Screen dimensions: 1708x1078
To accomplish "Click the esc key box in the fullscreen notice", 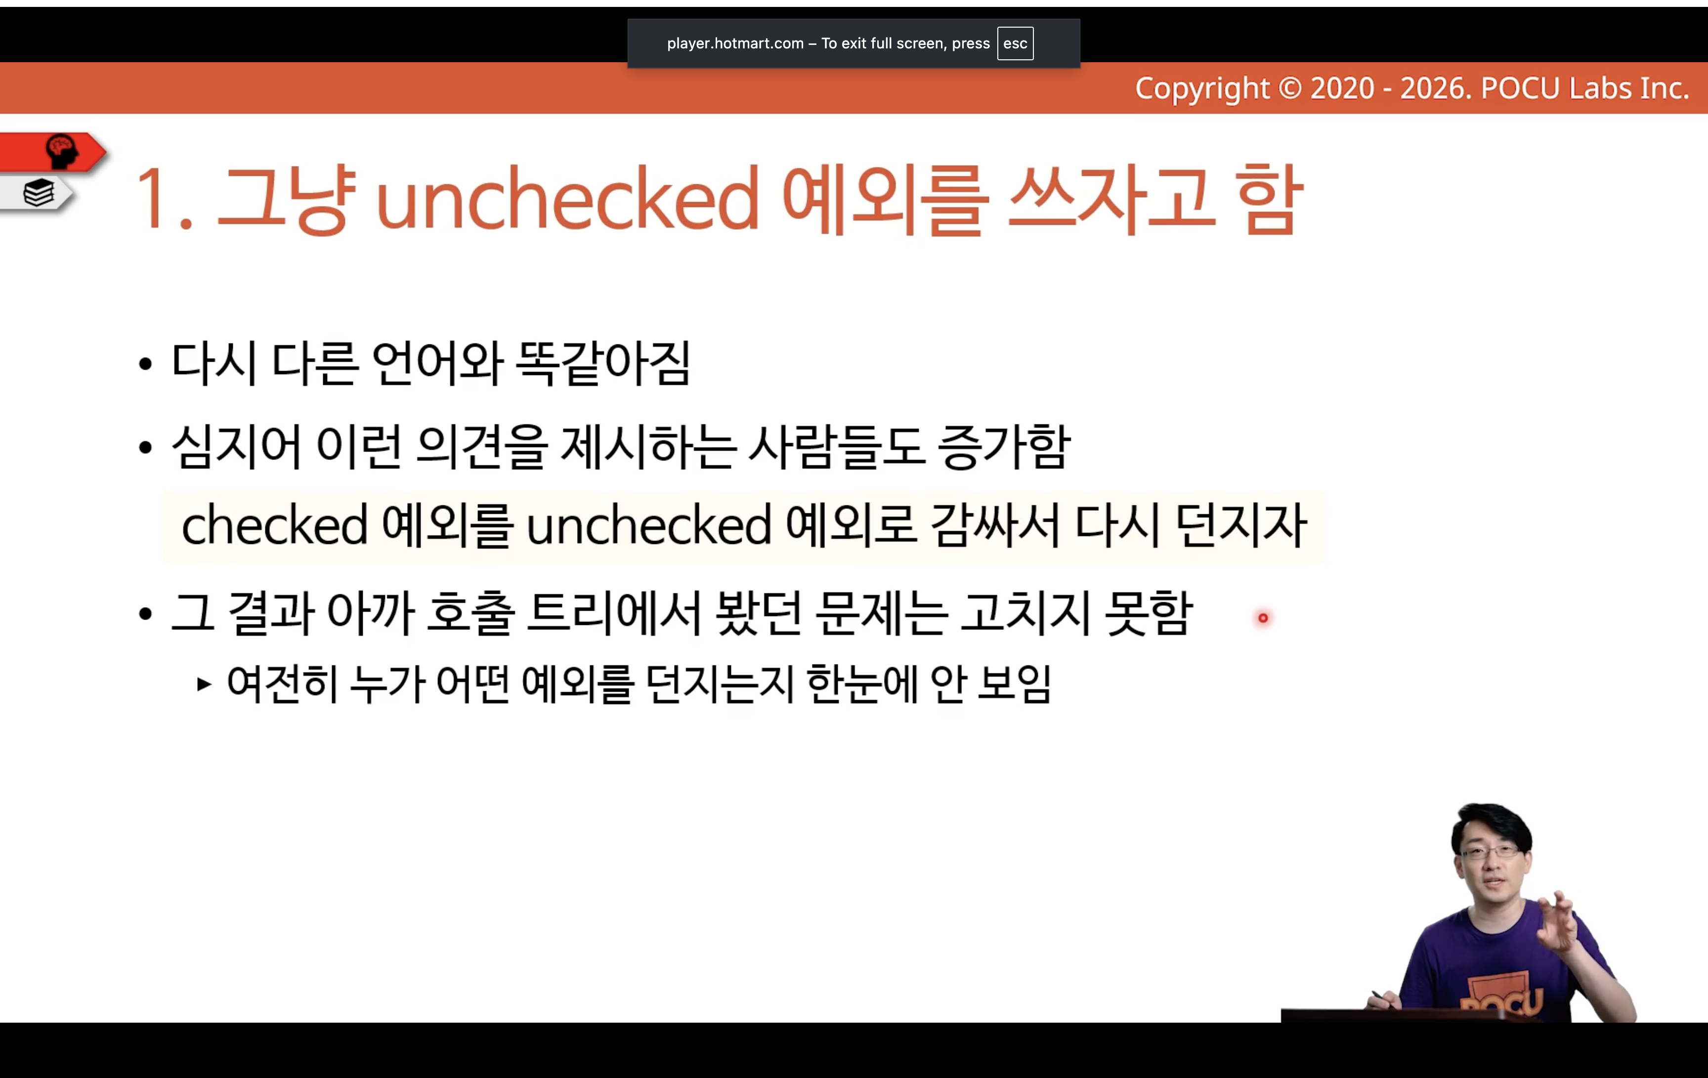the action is (1015, 43).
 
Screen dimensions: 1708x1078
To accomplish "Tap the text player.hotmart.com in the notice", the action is (735, 43).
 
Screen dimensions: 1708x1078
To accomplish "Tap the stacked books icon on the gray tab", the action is (39, 192).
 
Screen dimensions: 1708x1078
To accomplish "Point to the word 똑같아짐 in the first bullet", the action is (602, 363).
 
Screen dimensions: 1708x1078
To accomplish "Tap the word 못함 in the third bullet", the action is (1149, 612).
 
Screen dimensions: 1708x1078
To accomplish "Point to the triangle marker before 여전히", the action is (204, 684).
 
